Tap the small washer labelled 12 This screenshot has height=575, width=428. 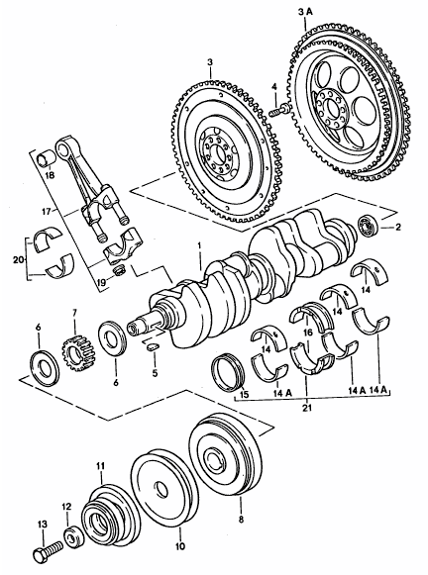[x=71, y=537]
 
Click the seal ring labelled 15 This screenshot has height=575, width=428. [x=233, y=372]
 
